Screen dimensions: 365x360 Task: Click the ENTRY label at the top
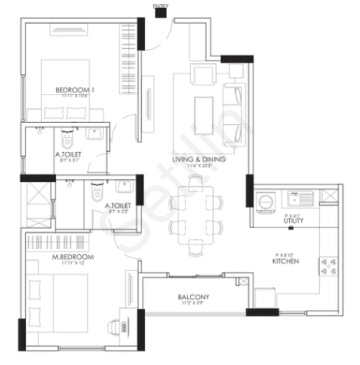point(161,6)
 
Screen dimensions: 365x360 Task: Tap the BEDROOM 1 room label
point(75,90)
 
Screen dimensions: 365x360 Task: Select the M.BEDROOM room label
point(73,257)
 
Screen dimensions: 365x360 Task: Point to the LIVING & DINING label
point(198,159)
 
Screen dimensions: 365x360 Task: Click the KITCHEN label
point(286,261)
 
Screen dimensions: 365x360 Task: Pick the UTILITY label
point(293,221)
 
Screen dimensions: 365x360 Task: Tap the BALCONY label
point(193,297)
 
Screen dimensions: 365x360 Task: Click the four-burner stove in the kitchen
point(329,266)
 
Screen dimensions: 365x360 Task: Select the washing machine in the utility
point(266,202)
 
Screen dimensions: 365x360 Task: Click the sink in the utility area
point(300,198)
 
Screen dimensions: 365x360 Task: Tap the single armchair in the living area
point(203,74)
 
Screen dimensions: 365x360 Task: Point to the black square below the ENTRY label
point(161,13)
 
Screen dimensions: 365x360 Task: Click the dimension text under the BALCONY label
point(193,303)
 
